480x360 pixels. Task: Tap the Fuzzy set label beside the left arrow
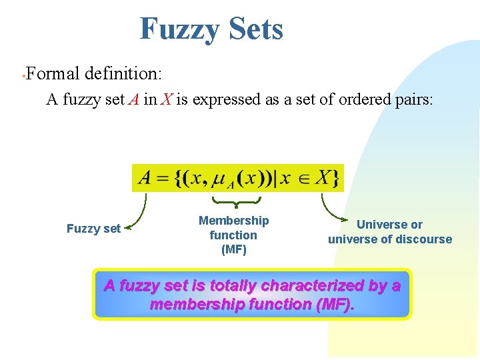pos(93,229)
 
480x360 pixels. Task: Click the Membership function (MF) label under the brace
pos(233,235)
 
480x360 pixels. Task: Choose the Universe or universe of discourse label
pos(389,232)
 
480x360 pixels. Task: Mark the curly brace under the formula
pos(236,201)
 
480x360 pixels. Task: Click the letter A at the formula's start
pos(145,178)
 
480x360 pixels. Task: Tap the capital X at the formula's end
pos(323,178)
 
